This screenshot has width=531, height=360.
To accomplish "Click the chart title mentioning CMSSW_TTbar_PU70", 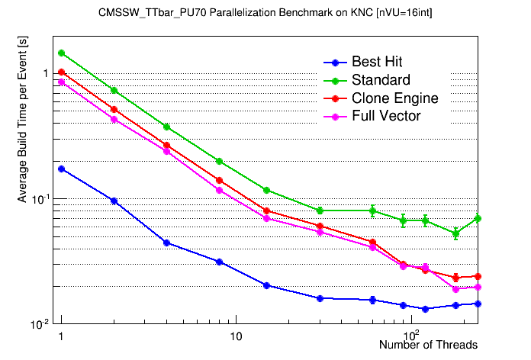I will [265, 13].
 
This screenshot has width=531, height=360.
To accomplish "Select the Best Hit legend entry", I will [377, 62].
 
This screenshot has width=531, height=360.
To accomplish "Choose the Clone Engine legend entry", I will [394, 98].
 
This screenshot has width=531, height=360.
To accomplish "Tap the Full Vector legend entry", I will [386, 116].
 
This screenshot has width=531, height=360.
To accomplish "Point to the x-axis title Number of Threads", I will [428, 345].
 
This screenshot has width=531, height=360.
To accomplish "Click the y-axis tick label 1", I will [45, 73].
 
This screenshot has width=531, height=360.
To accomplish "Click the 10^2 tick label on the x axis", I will [412, 335].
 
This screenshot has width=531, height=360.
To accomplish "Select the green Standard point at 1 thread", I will [61, 53].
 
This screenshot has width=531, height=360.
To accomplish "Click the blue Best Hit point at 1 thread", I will [61, 169].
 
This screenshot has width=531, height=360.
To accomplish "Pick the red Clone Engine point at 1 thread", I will [61, 72].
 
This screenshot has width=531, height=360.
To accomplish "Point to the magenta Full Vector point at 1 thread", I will [61, 82].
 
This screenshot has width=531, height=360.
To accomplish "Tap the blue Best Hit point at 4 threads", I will [166, 243].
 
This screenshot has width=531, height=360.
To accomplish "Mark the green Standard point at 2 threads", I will [114, 90].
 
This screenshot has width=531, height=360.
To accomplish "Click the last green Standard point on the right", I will [478, 218].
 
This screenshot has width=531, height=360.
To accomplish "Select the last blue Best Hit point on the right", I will [478, 304].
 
